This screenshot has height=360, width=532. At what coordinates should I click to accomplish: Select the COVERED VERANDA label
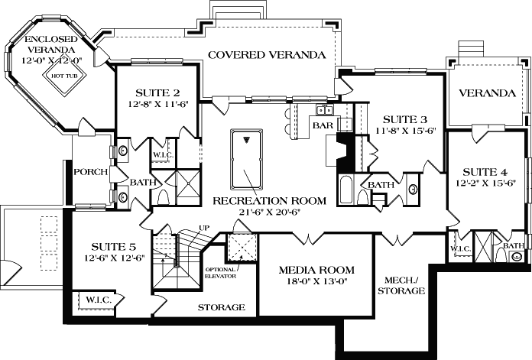point(267,55)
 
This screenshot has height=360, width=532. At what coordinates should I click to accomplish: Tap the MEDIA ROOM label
point(316,270)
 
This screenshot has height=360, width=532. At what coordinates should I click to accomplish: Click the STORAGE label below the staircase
point(222,307)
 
